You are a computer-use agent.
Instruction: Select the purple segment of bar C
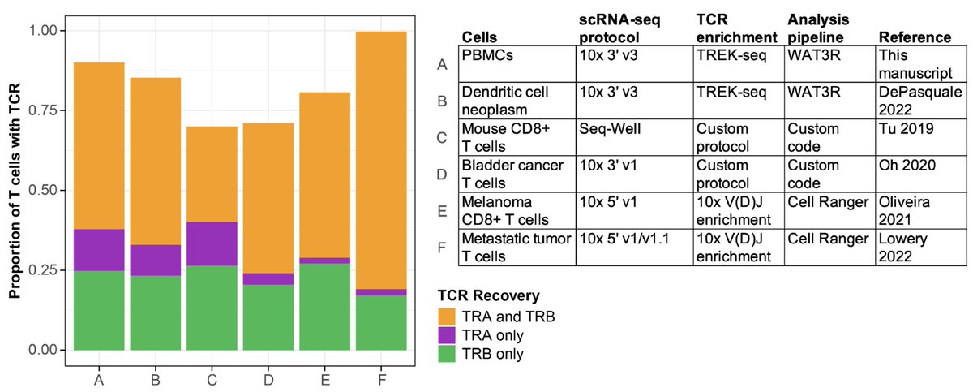tap(212, 243)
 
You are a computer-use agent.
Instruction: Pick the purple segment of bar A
tap(99, 250)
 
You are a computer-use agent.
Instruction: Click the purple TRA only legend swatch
tap(448, 335)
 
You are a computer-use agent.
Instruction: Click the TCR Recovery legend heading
tap(482, 295)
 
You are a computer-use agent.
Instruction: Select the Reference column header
tap(915, 37)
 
